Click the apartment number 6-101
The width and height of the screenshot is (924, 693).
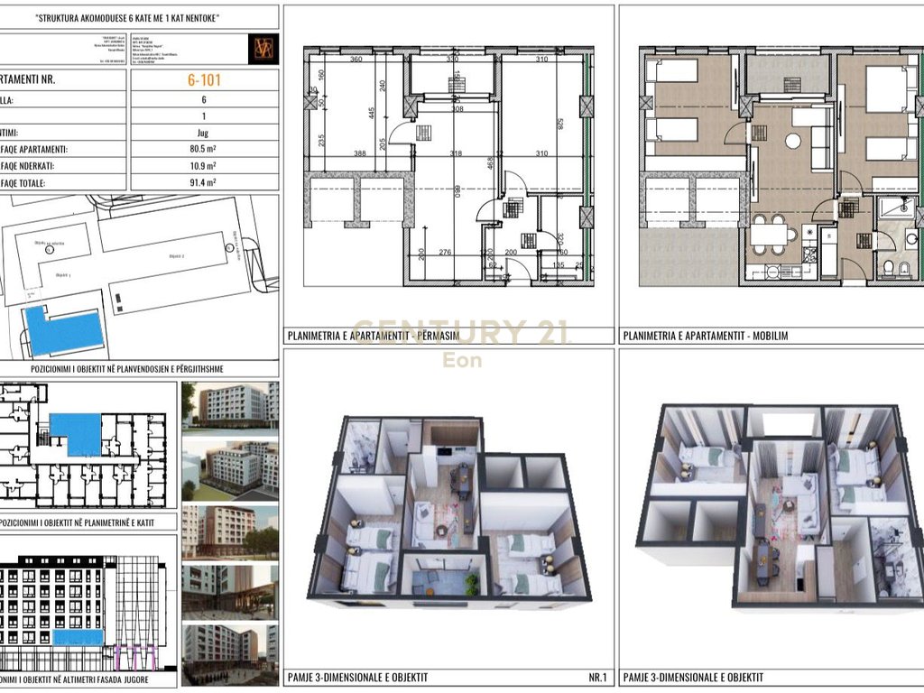click(204, 79)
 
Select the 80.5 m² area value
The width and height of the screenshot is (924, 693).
click(203, 149)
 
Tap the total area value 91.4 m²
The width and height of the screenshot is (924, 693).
click(203, 183)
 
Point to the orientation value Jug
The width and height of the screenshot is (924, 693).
click(203, 132)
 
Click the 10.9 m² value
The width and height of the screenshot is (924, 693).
click(203, 166)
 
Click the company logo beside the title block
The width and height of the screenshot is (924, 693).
click(263, 49)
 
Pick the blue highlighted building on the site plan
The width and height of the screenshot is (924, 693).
click(61, 331)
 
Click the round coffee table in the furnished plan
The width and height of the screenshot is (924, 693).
click(793, 141)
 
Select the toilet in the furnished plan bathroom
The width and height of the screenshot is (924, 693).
click(889, 267)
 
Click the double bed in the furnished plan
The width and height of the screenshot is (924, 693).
click(885, 89)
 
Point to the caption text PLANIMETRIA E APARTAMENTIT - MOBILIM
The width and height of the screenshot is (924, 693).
click(705, 336)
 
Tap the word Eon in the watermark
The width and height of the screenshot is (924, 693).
click(461, 360)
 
